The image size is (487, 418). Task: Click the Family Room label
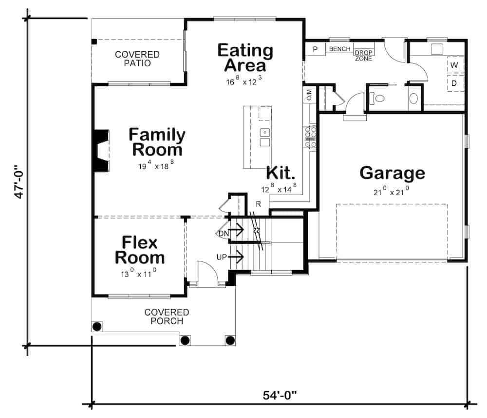[157, 141]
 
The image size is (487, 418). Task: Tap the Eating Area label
[245, 58]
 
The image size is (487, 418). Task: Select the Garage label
[392, 173]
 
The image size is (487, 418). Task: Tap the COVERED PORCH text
[167, 316]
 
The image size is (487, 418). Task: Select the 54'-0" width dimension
[280, 394]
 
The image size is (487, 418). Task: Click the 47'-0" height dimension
[20, 180]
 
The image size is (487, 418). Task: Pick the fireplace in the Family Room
[101, 150]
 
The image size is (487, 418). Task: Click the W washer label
[454, 65]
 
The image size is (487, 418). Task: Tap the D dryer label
[454, 83]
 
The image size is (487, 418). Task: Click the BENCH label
[339, 49]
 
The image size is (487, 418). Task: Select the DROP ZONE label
[363, 56]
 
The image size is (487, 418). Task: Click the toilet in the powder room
[377, 98]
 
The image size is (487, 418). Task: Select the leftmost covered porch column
[97, 326]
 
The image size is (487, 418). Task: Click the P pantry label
[315, 49]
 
